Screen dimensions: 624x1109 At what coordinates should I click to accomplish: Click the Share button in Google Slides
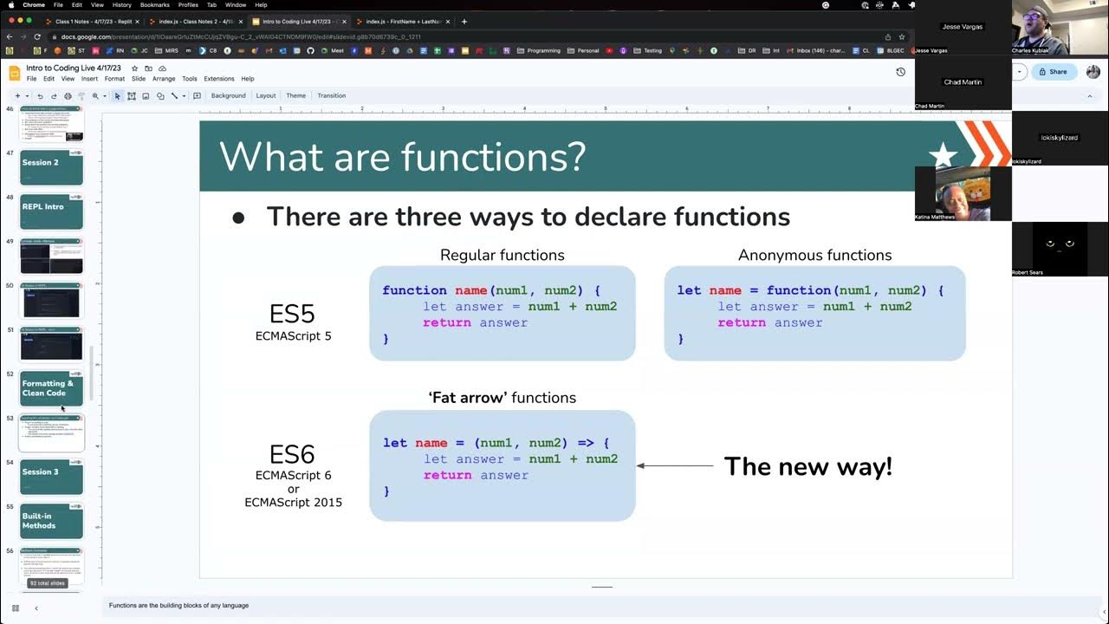click(1054, 72)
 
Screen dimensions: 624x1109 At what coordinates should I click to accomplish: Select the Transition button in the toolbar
click(331, 95)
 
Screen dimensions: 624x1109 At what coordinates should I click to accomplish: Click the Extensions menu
click(218, 79)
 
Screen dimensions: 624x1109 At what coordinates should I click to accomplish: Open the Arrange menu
click(164, 79)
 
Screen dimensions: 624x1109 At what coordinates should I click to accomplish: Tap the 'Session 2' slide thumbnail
click(52, 167)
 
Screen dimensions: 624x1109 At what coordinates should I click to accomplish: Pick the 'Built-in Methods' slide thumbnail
click(52, 521)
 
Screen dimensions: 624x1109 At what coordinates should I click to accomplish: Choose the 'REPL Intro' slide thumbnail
click(52, 211)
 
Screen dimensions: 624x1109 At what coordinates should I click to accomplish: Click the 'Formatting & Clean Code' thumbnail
click(52, 388)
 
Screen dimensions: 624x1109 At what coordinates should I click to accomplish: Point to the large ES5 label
click(293, 314)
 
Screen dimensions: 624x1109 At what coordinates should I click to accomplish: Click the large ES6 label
click(293, 454)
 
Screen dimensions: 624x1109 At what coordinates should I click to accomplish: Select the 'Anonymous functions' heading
click(814, 255)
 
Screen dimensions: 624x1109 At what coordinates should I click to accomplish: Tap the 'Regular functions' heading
click(502, 255)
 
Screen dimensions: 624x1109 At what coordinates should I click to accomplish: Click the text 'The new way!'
click(807, 466)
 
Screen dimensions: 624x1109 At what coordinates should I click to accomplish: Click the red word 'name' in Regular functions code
click(470, 290)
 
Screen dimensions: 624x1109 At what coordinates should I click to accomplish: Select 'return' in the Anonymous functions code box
click(742, 322)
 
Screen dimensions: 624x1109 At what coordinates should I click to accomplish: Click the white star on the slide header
click(943, 155)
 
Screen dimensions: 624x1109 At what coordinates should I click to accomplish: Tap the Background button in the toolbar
click(228, 95)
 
